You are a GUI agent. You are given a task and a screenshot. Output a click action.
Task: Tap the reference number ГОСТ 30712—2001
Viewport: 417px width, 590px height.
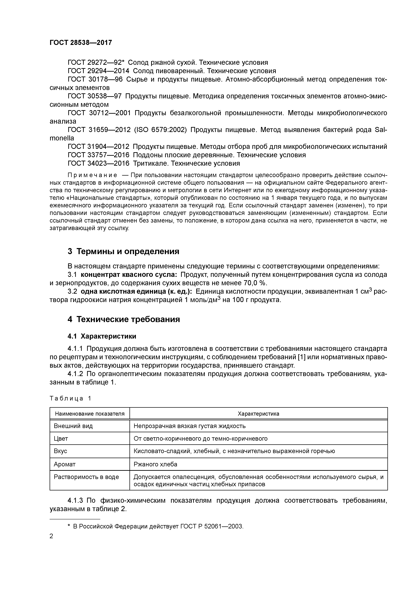(99, 113)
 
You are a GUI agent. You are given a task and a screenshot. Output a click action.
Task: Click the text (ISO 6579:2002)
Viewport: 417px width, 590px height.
(160, 130)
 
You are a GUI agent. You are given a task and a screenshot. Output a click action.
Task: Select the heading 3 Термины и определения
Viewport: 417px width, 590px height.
(123, 251)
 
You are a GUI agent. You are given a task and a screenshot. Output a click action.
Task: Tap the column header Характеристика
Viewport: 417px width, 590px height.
(258, 414)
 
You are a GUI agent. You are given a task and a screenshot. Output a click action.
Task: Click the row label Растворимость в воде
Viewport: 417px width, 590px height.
(86, 477)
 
